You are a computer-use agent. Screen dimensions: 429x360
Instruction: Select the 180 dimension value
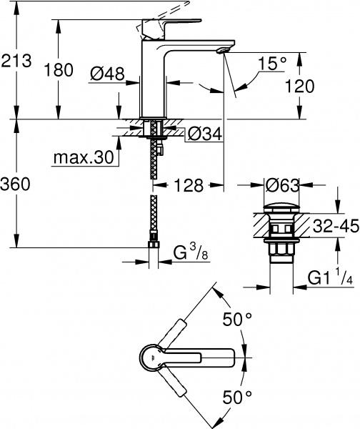(59, 70)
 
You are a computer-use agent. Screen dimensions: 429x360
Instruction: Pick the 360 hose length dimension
(16, 184)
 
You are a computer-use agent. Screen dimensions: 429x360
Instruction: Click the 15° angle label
(272, 64)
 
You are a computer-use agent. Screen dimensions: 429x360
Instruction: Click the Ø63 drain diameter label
(283, 185)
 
